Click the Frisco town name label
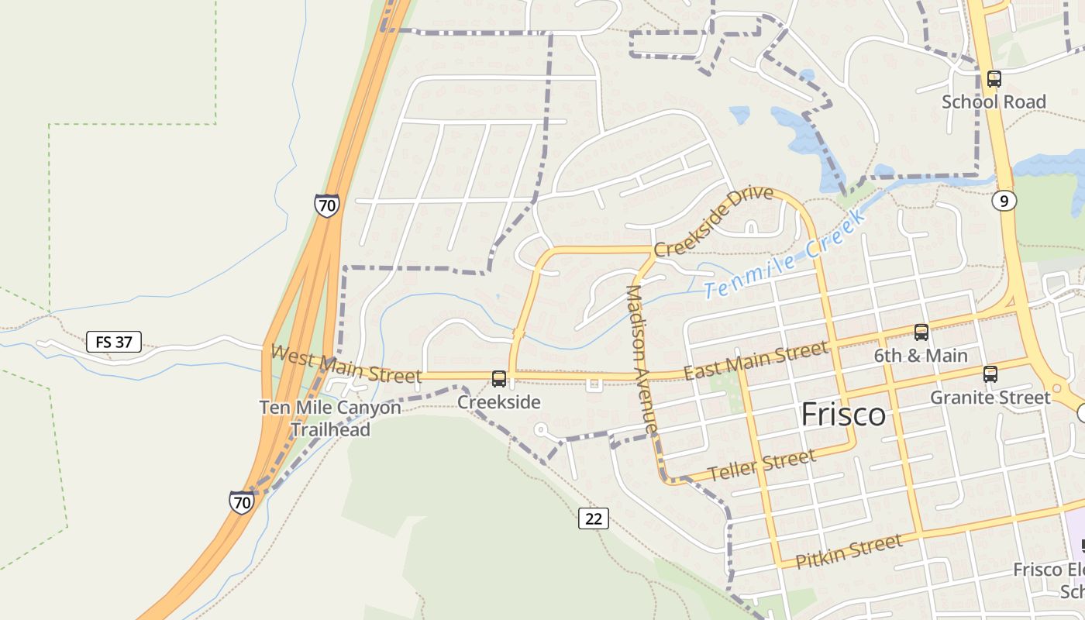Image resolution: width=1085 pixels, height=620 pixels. (843, 415)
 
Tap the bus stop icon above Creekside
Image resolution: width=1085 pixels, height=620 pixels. (499, 379)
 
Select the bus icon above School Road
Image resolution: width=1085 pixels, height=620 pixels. (994, 78)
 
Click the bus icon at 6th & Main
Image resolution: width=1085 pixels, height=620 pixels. (921, 332)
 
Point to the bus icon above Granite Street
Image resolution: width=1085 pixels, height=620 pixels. (990, 374)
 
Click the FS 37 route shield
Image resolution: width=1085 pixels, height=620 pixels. (114, 342)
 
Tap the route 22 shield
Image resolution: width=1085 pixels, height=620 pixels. (594, 518)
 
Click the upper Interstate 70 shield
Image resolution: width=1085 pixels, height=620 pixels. (327, 205)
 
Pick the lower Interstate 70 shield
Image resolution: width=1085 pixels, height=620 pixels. (242, 502)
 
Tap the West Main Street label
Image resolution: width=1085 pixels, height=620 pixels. (346, 364)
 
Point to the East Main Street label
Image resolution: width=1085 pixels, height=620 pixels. (756, 361)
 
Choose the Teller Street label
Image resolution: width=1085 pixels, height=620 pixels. (762, 465)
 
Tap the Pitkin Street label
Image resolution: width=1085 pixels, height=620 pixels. (849, 551)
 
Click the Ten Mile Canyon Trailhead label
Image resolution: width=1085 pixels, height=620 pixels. (330, 418)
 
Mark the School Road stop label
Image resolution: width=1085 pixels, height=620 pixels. (994, 102)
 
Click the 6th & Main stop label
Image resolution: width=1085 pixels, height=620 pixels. (921, 356)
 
